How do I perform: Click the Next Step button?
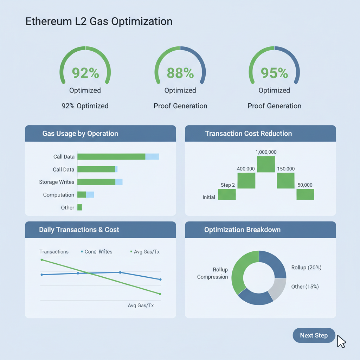point(314,335)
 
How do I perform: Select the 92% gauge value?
point(85,73)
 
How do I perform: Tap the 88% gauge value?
point(180,73)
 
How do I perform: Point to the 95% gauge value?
point(274,73)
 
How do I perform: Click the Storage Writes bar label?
point(57,182)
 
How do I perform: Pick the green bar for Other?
point(79,207)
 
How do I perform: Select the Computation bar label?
point(59,195)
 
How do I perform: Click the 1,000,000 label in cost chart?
point(266,152)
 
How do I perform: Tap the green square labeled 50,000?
point(305,194)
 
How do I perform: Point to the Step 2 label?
point(228,185)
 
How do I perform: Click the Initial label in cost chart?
point(209,197)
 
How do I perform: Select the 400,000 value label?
point(246,169)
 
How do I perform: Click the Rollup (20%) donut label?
point(306,268)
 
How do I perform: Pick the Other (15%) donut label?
point(305,287)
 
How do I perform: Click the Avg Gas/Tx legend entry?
point(147,252)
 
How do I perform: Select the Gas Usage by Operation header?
point(80,134)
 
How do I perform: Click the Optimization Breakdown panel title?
point(242,230)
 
